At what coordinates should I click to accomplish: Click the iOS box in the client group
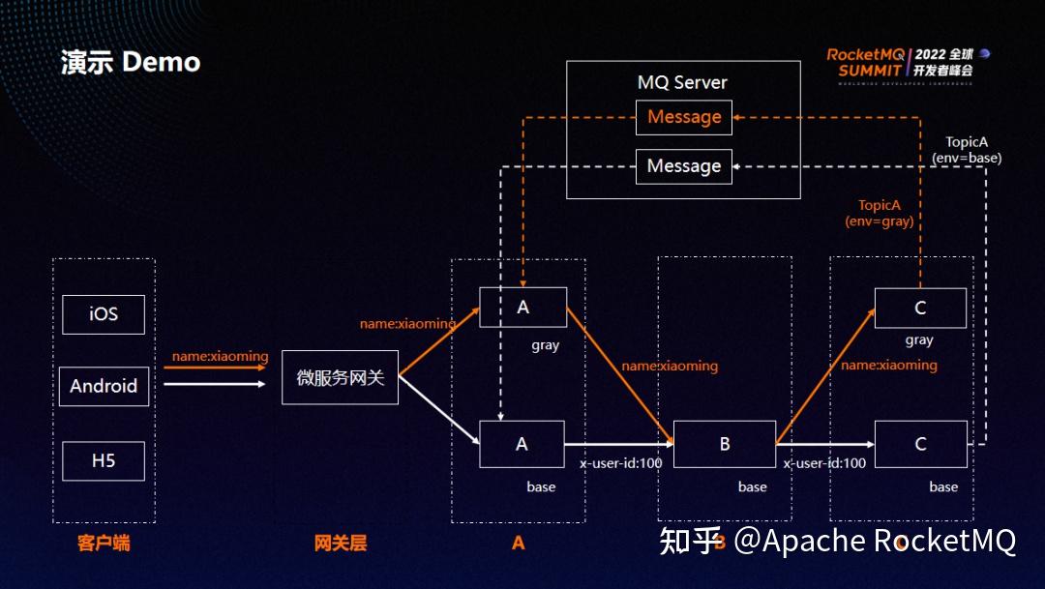click(104, 314)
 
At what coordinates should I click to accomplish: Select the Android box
click(104, 386)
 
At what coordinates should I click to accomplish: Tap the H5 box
click(104, 461)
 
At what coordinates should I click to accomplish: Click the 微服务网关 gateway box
click(340, 377)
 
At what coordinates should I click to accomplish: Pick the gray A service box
click(522, 308)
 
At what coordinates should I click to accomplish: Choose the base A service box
click(522, 444)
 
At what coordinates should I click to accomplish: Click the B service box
click(725, 444)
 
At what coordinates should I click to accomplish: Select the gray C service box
click(920, 308)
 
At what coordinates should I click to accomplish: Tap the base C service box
click(920, 444)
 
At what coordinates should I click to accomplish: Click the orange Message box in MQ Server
click(684, 117)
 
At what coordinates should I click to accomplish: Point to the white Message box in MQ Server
click(684, 166)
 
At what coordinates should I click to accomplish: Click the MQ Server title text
click(682, 82)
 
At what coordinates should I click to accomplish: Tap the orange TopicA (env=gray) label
click(880, 213)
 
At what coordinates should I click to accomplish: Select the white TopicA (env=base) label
click(966, 150)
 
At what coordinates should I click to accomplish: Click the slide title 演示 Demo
click(130, 63)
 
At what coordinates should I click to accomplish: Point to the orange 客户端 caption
click(104, 543)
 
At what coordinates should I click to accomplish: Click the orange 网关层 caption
click(341, 543)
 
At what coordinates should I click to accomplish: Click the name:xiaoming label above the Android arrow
click(220, 356)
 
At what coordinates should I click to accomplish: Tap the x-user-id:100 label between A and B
click(621, 463)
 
